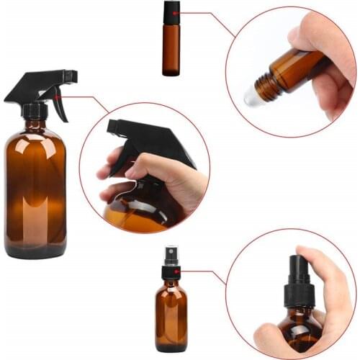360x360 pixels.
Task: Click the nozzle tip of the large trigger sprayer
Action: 73,75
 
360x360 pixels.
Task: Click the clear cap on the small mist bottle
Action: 171,256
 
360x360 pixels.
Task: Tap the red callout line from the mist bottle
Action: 205,272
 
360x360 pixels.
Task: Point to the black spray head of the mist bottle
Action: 171,271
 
